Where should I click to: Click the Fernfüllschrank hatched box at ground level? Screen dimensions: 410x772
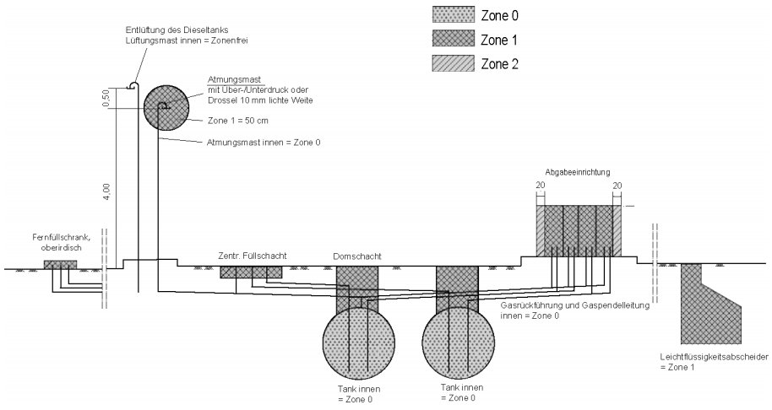click(x=60, y=265)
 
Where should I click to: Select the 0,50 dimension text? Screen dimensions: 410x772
click(x=106, y=99)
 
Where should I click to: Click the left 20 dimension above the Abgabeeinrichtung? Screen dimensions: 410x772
click(x=540, y=186)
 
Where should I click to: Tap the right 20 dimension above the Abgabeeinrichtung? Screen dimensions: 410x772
click(x=617, y=186)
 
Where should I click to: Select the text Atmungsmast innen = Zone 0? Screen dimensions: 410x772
click(x=263, y=143)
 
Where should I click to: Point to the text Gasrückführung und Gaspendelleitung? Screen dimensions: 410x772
click(x=575, y=305)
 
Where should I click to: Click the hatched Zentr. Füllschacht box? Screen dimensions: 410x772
click(x=251, y=272)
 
